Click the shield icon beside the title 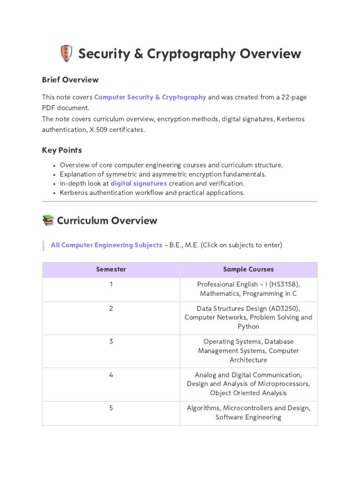[x=66, y=53]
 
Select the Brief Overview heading [x=70, y=80]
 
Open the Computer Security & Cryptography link [x=150, y=97]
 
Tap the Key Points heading [x=62, y=150]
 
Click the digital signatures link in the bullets [x=139, y=183]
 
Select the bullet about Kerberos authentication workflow [x=152, y=193]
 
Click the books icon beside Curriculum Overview [x=48, y=220]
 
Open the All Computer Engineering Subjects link [x=106, y=245]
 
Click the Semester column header [x=111, y=270]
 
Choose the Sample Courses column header [x=248, y=270]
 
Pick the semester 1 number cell [x=111, y=285]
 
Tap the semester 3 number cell [x=111, y=342]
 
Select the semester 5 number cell [x=111, y=408]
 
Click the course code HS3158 [x=284, y=285]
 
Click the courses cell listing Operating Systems [x=248, y=351]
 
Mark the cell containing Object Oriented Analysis [x=248, y=384]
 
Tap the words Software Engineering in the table [x=248, y=417]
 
